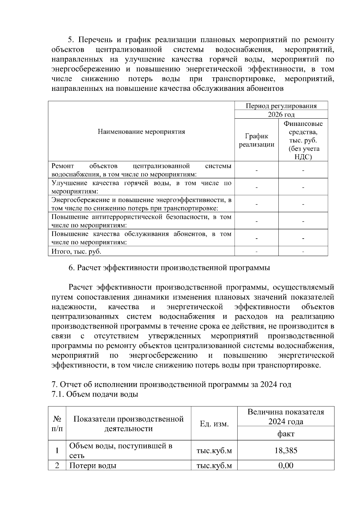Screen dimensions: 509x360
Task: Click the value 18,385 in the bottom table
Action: click(x=286, y=450)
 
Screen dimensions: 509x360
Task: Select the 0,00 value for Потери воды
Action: click(x=286, y=465)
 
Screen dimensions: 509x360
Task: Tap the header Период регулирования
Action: click(x=281, y=106)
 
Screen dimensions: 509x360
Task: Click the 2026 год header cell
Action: click(x=281, y=115)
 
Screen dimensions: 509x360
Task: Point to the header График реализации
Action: click(x=256, y=140)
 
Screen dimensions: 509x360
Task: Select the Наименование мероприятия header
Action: click(x=141, y=132)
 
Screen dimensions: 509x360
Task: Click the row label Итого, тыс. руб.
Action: click(x=76, y=251)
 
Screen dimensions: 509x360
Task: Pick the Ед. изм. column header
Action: click(x=214, y=424)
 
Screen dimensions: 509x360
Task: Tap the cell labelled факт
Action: click(x=286, y=433)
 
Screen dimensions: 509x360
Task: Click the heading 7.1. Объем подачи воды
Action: click(x=95, y=394)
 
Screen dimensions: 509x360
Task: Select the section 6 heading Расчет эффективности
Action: click(x=169, y=268)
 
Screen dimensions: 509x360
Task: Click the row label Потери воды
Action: click(x=93, y=465)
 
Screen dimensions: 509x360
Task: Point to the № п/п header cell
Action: click(x=57, y=424)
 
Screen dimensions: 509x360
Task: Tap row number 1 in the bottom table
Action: click(x=57, y=450)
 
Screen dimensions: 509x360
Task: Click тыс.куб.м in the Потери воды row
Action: click(x=214, y=465)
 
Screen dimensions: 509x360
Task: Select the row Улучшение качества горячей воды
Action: click(x=141, y=187)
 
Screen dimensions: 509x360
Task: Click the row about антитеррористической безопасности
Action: click(x=141, y=221)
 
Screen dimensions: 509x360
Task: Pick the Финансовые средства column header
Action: click(x=303, y=140)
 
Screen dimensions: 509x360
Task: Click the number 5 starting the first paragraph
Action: click(x=70, y=40)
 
